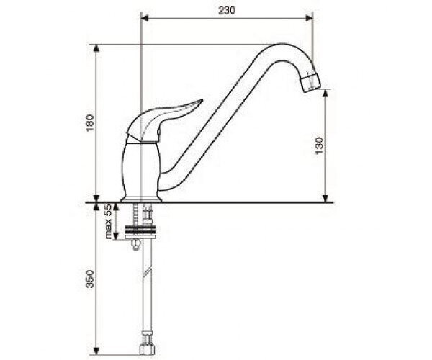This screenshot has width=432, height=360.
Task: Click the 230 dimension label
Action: point(227,11)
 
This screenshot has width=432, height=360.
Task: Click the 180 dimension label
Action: point(90,123)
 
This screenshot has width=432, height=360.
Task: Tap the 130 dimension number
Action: point(319,145)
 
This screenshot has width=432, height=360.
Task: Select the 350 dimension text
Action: point(90,279)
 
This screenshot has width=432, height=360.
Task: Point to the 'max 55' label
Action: point(108,221)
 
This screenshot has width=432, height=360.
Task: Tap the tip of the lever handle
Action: point(201,102)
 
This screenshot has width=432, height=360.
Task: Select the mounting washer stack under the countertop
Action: point(141,232)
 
